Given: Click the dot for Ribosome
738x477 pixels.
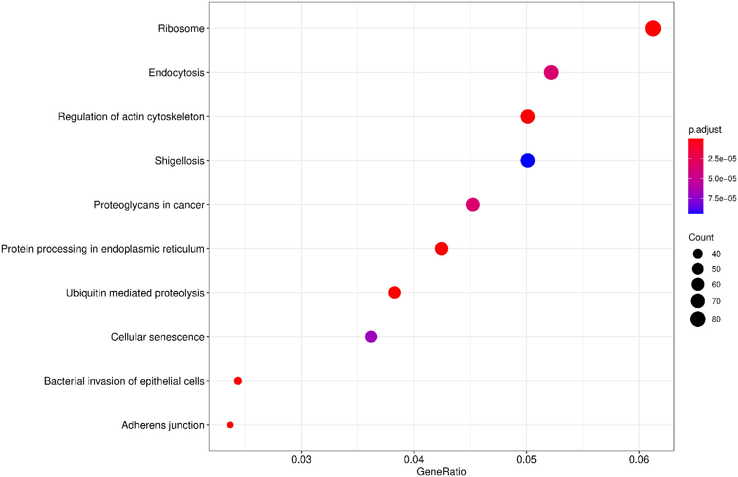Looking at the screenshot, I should (x=653, y=28).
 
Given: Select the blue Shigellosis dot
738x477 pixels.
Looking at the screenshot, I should (x=528, y=160).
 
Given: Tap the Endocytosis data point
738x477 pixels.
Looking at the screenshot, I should (x=551, y=72).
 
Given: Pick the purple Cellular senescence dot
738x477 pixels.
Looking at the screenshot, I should (x=371, y=337).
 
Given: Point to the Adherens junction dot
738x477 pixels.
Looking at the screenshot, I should (x=230, y=425).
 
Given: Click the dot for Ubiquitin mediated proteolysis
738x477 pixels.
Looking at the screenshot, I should (x=394, y=292).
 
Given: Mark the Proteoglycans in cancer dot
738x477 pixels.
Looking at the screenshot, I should (x=473, y=205).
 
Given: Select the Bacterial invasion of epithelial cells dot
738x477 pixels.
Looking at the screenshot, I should (x=238, y=381).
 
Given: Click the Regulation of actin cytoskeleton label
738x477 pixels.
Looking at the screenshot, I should (x=131, y=117).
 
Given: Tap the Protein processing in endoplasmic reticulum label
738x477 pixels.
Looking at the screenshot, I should (x=102, y=249).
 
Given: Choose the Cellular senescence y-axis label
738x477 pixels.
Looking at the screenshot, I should (x=157, y=337).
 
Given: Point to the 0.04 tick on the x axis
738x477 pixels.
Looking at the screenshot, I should (x=414, y=459).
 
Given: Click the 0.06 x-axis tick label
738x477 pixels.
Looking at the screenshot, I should (x=639, y=459).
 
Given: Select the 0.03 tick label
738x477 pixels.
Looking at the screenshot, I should (x=301, y=459).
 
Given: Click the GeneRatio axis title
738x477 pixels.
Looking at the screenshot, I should (x=441, y=471).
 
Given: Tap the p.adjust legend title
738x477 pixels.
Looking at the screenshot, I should (x=705, y=130).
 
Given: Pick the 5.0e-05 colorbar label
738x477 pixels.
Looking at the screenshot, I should (x=722, y=179).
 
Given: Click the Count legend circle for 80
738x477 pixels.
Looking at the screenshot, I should (x=698, y=319).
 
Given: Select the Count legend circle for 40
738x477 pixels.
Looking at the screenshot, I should (x=697, y=254).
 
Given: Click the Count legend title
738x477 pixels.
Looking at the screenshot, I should (x=701, y=237).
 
